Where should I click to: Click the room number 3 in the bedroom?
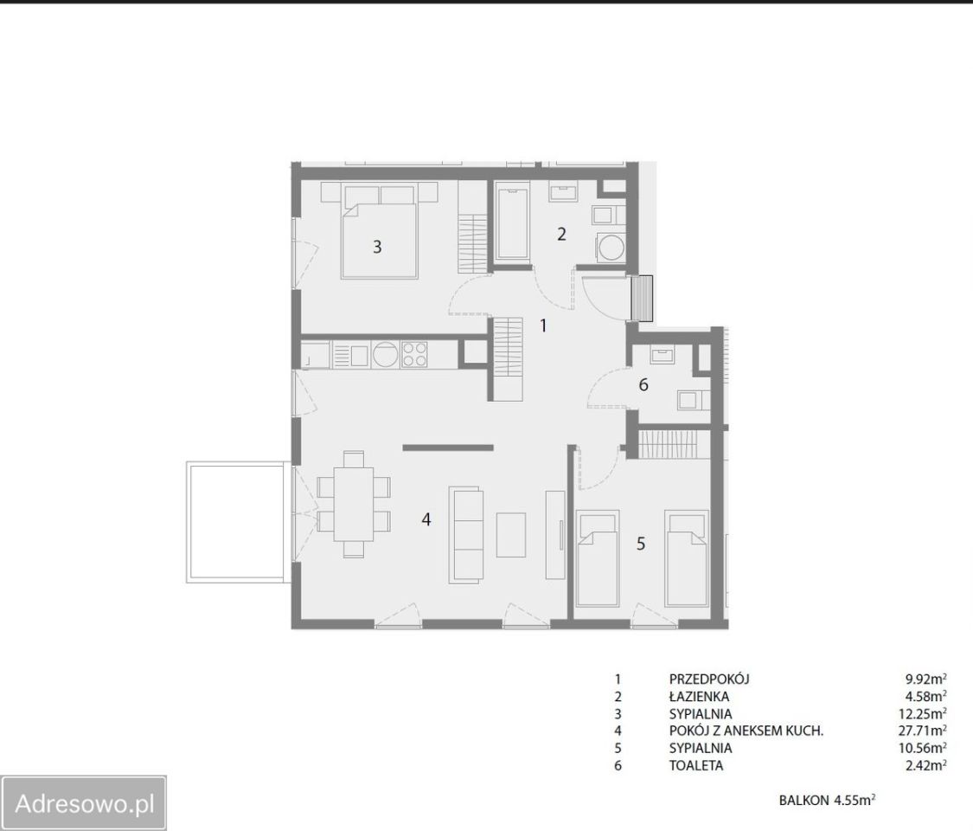(x=377, y=248)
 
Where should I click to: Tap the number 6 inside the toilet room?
(x=643, y=385)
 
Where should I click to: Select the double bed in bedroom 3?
(x=379, y=230)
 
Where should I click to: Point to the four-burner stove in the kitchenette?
(x=414, y=355)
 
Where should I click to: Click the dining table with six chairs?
(x=354, y=505)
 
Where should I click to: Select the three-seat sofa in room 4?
(x=466, y=535)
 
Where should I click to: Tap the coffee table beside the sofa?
(x=510, y=535)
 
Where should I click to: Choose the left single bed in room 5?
(x=599, y=558)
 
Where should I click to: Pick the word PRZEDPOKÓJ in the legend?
(x=709, y=680)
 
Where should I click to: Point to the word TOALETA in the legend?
(x=696, y=765)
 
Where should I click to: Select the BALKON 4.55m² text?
(x=827, y=800)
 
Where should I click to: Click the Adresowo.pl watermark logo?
(x=84, y=803)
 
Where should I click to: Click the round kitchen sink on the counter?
(x=386, y=355)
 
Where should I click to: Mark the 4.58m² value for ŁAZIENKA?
(x=925, y=696)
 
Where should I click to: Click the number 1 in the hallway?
(x=544, y=325)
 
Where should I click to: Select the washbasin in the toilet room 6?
(x=662, y=355)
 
